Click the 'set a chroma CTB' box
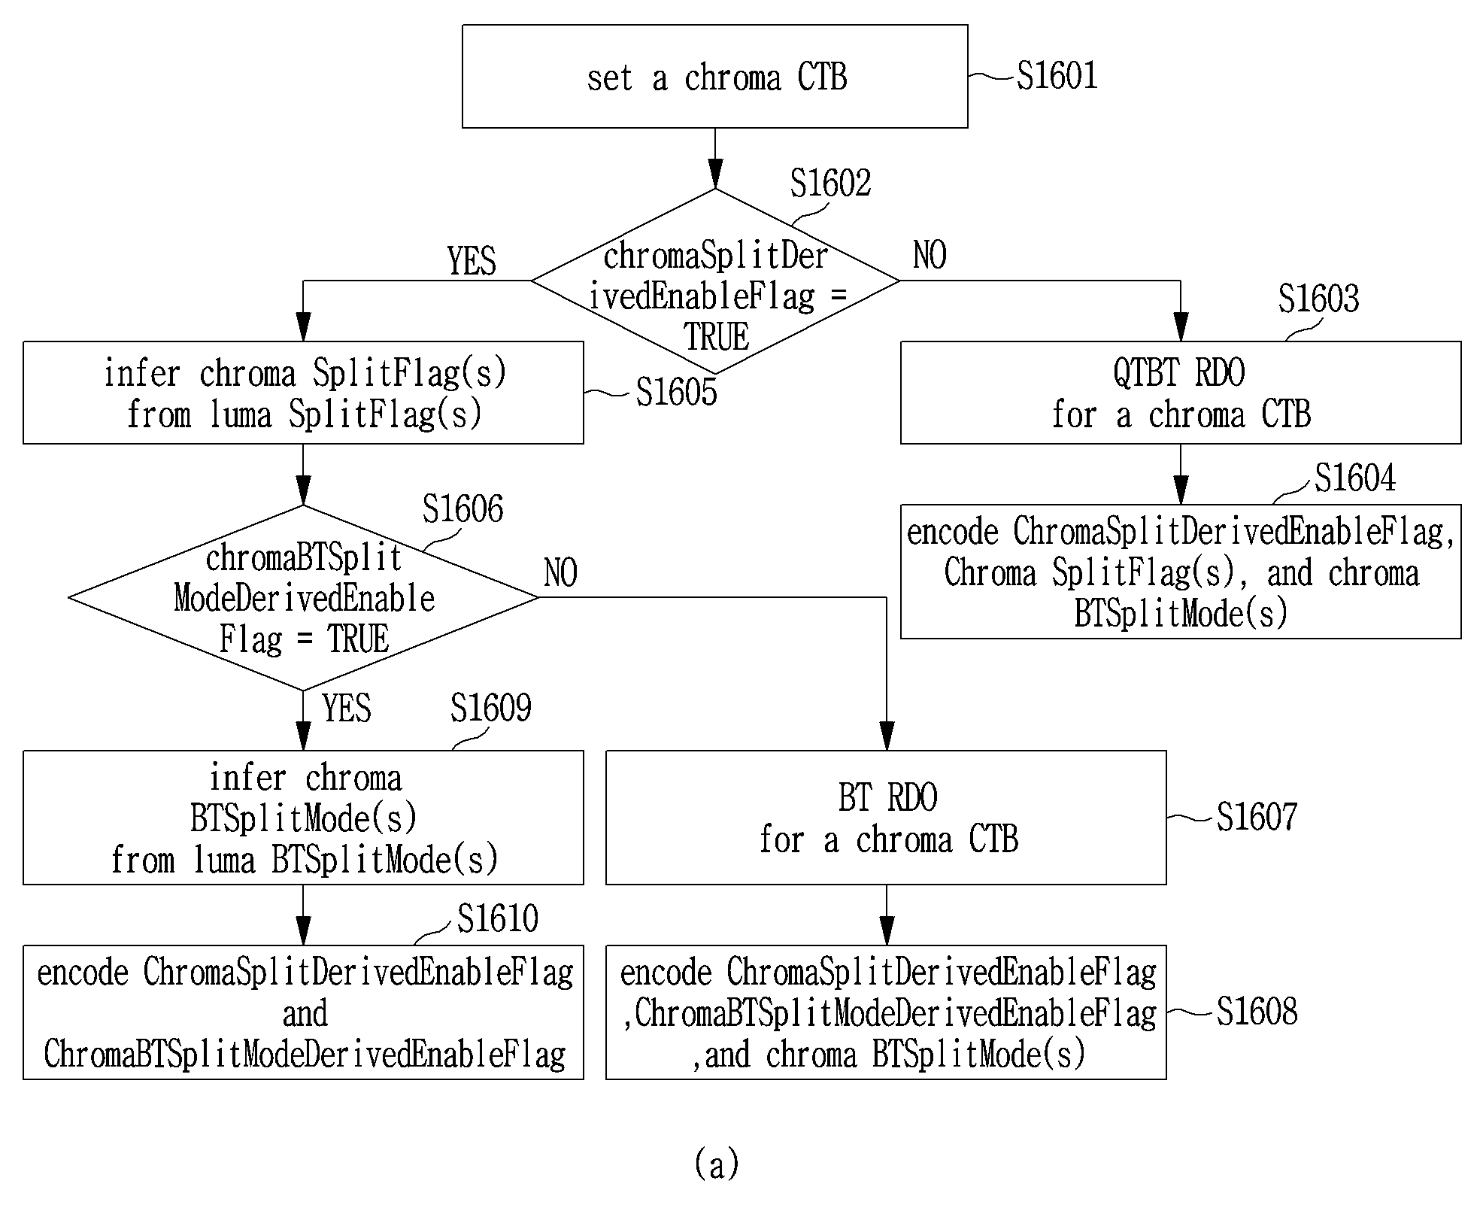714,76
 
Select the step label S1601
1057,76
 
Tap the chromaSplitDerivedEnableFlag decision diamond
715,281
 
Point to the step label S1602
830,183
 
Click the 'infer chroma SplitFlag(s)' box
303,393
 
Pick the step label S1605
676,392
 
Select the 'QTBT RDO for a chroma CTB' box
1181,393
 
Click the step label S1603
1318,299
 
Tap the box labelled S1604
1181,572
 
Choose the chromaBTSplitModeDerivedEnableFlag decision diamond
303,597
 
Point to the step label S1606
462,509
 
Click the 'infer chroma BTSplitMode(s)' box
303,818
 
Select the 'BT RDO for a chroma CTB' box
886,818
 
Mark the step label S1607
1257,818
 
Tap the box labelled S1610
303,1012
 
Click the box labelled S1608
886,1012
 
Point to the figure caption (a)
717,1164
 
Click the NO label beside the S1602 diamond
930,256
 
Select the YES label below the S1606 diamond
347,709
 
